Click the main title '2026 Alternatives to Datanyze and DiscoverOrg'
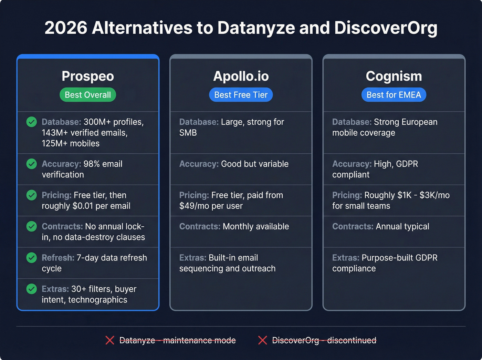241,28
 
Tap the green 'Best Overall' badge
88,95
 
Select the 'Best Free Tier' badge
241,95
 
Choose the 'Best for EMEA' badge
394,95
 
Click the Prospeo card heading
88,76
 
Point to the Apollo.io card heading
241,76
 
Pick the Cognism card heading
394,76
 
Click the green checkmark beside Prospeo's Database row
32,122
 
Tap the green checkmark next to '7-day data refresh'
32,258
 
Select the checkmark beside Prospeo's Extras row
32,289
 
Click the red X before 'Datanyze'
110,340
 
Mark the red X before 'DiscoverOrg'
263,340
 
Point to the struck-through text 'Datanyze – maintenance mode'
177,340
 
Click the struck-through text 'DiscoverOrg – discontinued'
324,340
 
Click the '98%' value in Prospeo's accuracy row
91,164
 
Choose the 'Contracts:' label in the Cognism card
353,226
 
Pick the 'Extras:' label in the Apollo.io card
192,258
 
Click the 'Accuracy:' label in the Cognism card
352,164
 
